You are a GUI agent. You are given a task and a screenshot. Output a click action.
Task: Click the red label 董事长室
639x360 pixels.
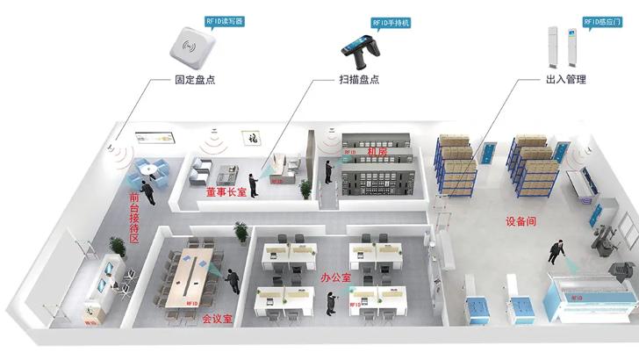tap(226, 191)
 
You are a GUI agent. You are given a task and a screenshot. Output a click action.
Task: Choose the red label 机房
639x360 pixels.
tap(377, 152)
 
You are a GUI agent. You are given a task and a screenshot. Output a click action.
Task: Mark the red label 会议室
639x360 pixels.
tap(218, 317)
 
